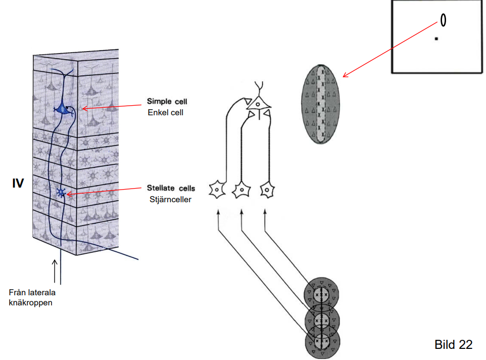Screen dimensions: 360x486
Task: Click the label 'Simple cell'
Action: coord(167,101)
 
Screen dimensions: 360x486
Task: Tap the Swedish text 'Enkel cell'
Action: coord(165,112)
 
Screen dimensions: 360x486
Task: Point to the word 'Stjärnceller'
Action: coord(169,199)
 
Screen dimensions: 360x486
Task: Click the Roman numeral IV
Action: coord(18,184)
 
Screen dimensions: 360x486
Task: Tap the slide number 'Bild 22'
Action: coord(453,345)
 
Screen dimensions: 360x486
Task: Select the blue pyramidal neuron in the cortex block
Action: coord(63,108)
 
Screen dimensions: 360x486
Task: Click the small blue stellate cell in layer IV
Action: coord(62,193)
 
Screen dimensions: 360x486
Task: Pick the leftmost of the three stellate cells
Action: coord(217,190)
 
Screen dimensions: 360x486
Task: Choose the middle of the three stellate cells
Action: coord(241,190)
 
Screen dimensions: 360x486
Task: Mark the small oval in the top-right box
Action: coord(443,20)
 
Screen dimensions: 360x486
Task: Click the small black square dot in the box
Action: coord(436,38)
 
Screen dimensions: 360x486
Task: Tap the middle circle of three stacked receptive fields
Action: coord(322,319)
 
